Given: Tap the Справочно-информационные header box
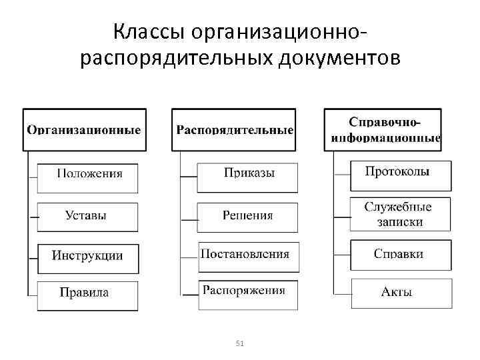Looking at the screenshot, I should (385, 129).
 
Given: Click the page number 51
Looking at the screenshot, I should (241, 343).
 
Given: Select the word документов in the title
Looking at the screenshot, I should (337, 59).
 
